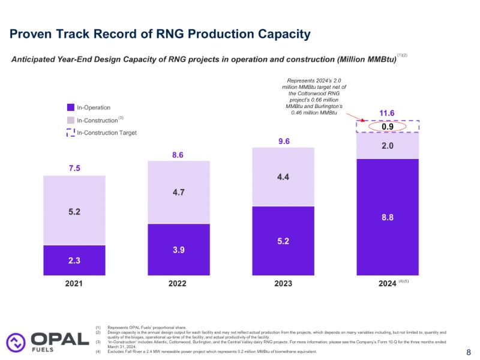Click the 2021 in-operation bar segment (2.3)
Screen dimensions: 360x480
(x=74, y=260)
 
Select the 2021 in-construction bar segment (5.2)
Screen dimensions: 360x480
(x=74, y=211)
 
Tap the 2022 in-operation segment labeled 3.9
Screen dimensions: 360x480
(x=179, y=249)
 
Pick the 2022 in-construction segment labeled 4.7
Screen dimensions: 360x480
(x=179, y=193)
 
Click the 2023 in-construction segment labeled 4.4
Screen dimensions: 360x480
(x=283, y=177)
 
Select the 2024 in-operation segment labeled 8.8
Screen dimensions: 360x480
(x=387, y=217)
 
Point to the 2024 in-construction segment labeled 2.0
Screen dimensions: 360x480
(x=387, y=145)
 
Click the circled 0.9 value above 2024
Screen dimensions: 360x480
(x=387, y=127)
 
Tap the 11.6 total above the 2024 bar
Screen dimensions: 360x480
(x=387, y=113)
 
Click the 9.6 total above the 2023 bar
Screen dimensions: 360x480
(x=283, y=142)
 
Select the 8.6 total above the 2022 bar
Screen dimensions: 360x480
(x=179, y=155)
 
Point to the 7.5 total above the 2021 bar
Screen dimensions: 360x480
(x=74, y=169)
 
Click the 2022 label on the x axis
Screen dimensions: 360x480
(x=179, y=284)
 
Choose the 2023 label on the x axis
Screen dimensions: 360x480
(x=283, y=284)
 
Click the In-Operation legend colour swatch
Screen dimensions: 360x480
(x=71, y=107)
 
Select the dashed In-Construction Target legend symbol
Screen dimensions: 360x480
(x=71, y=132)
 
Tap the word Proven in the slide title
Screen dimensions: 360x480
(x=32, y=34)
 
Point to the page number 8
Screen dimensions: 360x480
(x=469, y=352)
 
